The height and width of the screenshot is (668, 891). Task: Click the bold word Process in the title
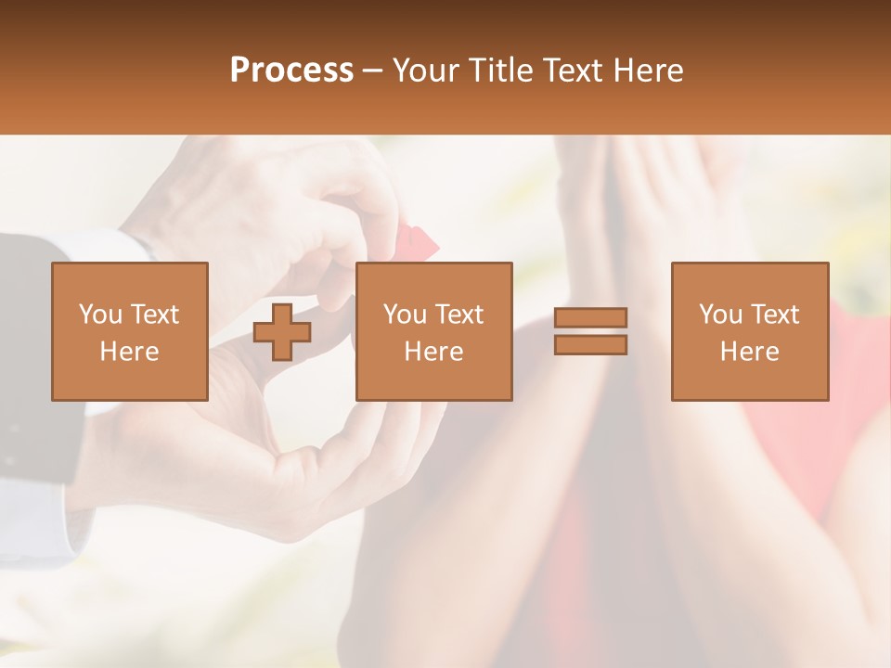click(x=291, y=71)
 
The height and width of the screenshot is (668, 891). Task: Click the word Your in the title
click(x=427, y=71)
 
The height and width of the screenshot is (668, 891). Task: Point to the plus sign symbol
click(x=282, y=332)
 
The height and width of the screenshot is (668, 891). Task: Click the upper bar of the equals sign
click(x=590, y=317)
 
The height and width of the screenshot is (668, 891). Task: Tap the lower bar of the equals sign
click(x=590, y=345)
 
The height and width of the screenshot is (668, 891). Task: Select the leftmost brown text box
click(x=129, y=331)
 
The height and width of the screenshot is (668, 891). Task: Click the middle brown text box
click(x=433, y=331)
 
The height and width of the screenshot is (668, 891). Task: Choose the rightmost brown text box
click(x=749, y=331)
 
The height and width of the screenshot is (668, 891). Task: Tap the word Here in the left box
click(x=129, y=352)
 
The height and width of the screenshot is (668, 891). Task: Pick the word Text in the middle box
click(x=459, y=315)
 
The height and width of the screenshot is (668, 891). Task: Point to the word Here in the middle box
click(x=433, y=352)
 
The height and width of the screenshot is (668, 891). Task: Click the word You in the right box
click(x=720, y=315)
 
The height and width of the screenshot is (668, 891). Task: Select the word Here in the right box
click(x=749, y=352)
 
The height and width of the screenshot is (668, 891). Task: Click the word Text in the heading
click(x=572, y=71)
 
